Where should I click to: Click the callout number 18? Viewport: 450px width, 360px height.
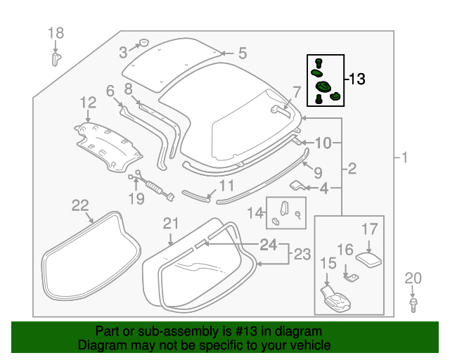pos(56,33)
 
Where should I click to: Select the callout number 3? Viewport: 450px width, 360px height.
pos(123,51)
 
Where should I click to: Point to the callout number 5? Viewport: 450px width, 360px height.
pos(242,53)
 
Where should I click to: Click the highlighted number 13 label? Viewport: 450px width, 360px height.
pos(357,79)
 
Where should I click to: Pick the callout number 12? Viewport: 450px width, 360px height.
pos(87,103)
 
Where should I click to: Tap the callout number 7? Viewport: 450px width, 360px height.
pos(296,91)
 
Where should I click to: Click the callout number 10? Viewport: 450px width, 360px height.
pos(322,143)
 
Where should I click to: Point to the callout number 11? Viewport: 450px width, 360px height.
pos(225,186)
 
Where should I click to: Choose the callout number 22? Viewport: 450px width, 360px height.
pos(80,205)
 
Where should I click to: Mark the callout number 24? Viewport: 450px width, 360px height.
pos(268,245)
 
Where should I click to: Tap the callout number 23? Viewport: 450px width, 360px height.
pos(302,255)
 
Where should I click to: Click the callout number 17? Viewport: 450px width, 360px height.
pos(370,229)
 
